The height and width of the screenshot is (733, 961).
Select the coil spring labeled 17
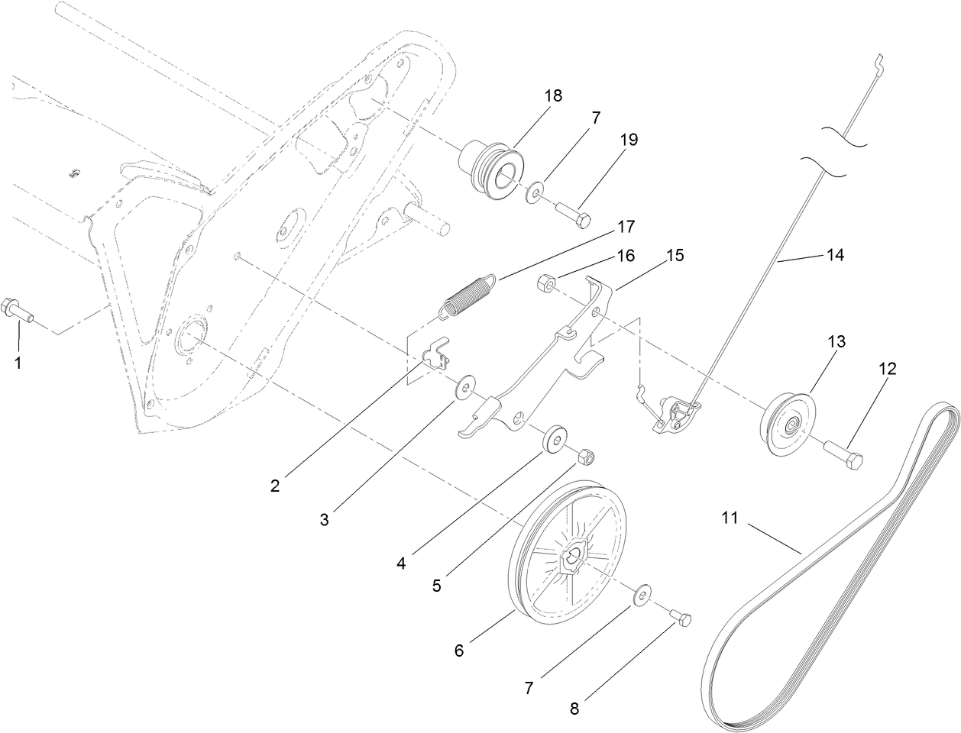pos(470,294)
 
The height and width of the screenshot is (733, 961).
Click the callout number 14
pos(834,256)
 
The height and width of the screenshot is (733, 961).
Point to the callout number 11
pos(730,518)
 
